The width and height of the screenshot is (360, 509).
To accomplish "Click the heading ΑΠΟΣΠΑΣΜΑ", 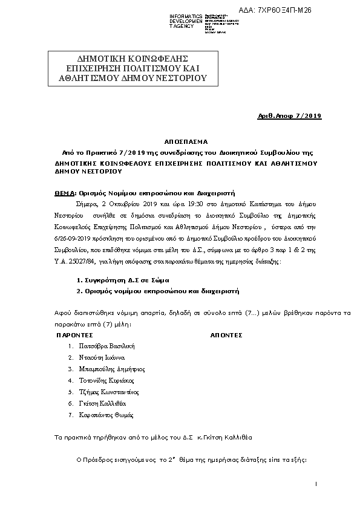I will (180, 138).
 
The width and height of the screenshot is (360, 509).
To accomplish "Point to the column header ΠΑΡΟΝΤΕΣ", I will (74, 334).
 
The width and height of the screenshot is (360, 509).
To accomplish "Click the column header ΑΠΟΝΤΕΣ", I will (226, 334).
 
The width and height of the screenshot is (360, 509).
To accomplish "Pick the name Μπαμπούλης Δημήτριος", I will (112, 369).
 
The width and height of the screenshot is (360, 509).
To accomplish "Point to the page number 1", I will (316, 484).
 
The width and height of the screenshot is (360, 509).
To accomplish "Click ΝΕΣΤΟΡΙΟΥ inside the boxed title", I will (179, 79).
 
